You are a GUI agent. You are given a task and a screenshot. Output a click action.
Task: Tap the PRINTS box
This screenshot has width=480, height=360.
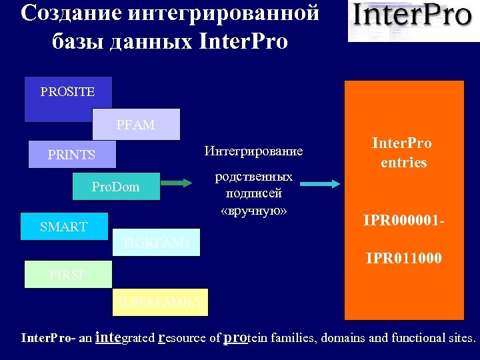coord(71,155)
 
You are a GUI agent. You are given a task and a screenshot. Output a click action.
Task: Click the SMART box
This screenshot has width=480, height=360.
coord(63,226)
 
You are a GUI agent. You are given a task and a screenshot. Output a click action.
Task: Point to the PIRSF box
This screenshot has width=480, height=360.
coord(67,274)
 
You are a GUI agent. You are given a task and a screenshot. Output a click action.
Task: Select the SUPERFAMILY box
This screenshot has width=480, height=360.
coord(160,303)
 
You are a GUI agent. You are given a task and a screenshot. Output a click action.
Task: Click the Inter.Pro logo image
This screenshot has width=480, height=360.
coord(413,20)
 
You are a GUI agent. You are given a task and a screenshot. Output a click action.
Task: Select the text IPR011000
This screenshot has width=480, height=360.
coord(403,257)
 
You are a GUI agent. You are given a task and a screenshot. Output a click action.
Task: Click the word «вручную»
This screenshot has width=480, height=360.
coord(253,211)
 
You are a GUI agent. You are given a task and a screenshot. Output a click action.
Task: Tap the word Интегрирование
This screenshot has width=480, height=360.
coord(253,151)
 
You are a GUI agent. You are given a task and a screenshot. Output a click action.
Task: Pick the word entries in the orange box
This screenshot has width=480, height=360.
coord(403,163)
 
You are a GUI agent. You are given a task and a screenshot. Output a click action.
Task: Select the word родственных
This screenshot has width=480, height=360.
coord(253,177)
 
